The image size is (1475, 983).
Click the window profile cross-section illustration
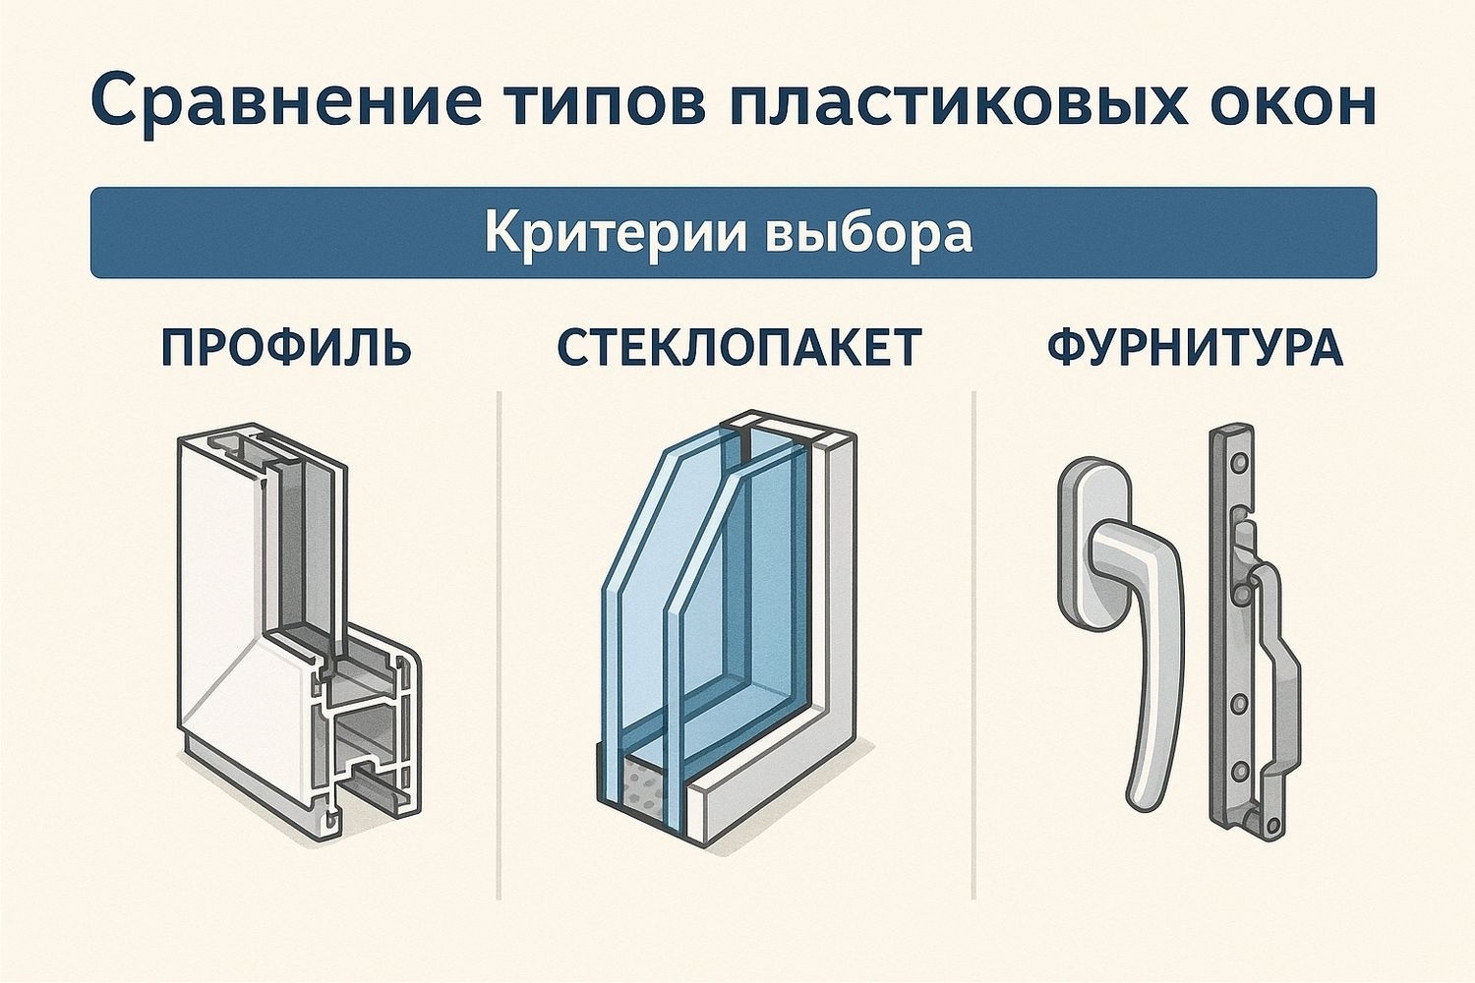click(295, 629)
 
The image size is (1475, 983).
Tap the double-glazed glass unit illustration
click(728, 629)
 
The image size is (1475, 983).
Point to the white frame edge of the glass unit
click(836, 590)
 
